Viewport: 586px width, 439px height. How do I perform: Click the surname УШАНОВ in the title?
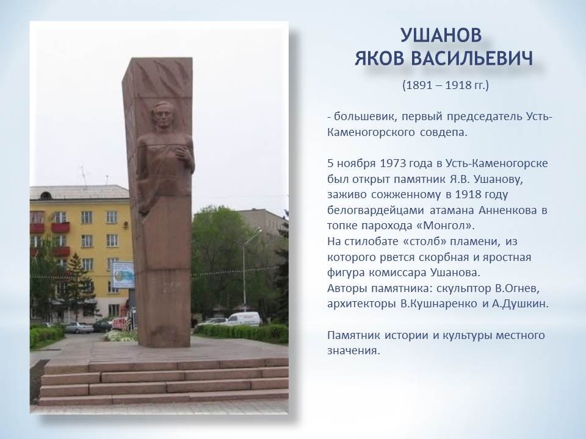[441, 35]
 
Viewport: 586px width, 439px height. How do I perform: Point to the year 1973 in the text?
[392, 163]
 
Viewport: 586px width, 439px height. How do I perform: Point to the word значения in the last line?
[353, 351]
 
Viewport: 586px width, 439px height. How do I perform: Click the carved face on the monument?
[164, 115]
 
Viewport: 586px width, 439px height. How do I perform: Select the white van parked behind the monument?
[244, 318]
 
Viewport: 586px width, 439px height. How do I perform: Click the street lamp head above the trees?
[258, 232]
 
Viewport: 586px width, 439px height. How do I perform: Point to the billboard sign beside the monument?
[123, 275]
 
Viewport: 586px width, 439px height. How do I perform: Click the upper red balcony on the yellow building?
[60, 227]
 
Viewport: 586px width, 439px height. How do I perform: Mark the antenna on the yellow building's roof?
[84, 176]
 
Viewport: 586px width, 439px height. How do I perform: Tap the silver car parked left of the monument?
[79, 328]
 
